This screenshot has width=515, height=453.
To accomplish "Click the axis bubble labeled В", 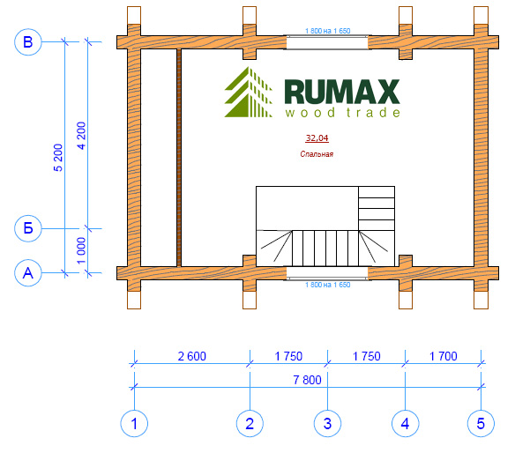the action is click(28, 42).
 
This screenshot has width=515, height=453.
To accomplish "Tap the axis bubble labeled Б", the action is click(28, 228).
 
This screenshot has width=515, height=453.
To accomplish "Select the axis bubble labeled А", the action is click(28, 273).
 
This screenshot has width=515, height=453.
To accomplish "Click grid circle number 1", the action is click(134, 423).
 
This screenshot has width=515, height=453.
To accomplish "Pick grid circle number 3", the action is click(327, 423).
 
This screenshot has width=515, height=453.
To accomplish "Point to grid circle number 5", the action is click(481, 423).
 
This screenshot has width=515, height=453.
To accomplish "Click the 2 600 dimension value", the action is click(192, 356).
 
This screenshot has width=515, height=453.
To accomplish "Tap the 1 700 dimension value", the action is click(444, 356).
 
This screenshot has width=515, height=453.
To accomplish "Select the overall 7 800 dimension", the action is click(307, 380).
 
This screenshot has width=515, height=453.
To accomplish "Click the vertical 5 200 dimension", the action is click(58, 158).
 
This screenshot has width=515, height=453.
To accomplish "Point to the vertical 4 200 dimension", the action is click(81, 136).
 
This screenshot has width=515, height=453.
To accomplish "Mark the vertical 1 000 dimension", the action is click(81, 250).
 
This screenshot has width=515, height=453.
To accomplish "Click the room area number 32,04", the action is click(317, 138).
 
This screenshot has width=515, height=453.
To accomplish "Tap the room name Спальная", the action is click(317, 154).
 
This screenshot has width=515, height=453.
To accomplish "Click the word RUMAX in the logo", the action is click(342, 92).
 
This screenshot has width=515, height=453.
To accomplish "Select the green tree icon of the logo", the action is click(249, 92).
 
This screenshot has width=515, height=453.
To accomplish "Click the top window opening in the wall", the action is click(327, 42).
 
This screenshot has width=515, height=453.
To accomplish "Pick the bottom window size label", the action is click(328, 285).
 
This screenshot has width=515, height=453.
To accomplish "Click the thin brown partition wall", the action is click(179, 158).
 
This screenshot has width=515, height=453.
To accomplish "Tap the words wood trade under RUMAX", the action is click(342, 113).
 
